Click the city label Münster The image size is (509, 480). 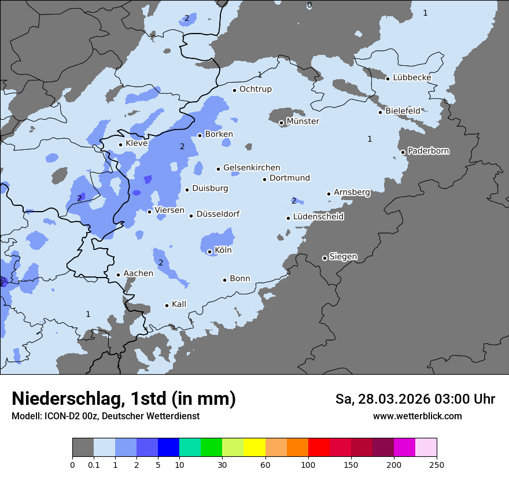coord(303,121)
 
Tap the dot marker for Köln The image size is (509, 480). coord(209,252)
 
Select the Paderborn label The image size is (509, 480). coord(428,151)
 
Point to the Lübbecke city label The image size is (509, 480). coord(412,77)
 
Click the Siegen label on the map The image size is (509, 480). coord(343,257)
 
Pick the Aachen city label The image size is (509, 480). coord(138,274)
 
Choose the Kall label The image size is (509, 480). coord(179,304)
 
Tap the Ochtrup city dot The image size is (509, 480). coord(234,90)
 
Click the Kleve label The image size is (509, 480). coord(137,143)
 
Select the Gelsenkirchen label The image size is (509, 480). coord(252,168)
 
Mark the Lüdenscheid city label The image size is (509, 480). coord(318,217)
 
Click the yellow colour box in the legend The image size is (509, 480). coord(254,448)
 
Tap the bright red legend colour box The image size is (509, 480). coord(319,448)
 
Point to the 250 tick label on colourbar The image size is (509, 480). coord(437,465)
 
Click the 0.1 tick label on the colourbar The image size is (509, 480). coord(94,465)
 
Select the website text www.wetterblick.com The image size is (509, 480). coord(417,416)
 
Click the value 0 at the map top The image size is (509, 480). coord(309,5)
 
